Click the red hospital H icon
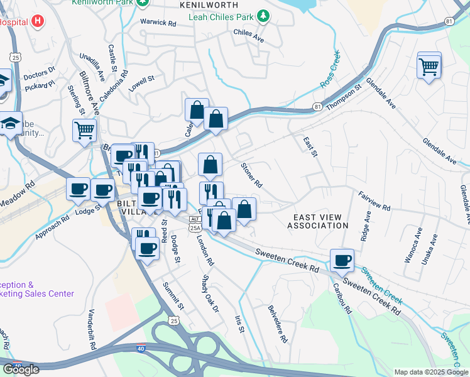(x=38, y=21)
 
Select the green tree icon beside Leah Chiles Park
(x=265, y=15)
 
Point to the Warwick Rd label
(x=158, y=23)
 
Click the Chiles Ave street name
(x=248, y=35)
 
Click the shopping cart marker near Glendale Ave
(x=429, y=66)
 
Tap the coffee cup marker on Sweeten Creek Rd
(x=342, y=260)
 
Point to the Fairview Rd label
(x=374, y=201)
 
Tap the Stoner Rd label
(x=251, y=175)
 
